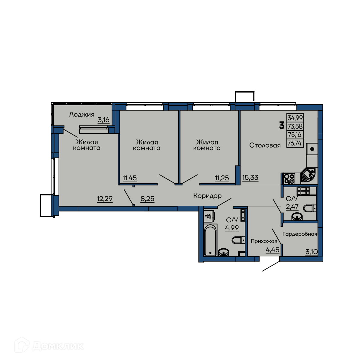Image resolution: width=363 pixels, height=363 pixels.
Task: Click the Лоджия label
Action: tap(82, 115)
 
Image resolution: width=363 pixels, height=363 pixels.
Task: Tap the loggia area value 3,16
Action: tap(103, 120)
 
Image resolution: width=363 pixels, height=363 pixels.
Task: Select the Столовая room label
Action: tap(265, 145)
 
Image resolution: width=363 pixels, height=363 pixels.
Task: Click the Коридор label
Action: tap(207, 196)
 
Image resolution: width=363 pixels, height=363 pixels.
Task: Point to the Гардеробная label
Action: tap(299, 234)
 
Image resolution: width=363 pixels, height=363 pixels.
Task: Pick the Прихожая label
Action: tap(264, 241)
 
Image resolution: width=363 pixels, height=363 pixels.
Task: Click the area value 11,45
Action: tap(129, 178)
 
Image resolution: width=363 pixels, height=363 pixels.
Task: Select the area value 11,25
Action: tap(222, 178)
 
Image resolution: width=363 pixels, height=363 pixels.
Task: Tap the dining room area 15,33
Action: tap(250, 178)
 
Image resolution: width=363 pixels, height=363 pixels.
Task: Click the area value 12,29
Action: tap(105, 198)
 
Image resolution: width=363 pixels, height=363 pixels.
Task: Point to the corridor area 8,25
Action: tap(147, 198)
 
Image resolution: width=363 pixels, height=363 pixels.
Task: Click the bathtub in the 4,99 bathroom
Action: tap(211, 240)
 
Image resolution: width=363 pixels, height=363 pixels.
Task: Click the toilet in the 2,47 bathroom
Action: tap(310, 208)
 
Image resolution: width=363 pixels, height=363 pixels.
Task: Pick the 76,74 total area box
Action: tap(295, 143)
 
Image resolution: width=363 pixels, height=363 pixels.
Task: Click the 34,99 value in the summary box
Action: tap(295, 118)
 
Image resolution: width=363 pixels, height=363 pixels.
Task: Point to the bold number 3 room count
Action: tap(281, 126)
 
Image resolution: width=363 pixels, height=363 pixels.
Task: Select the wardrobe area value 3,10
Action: tap(311, 252)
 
